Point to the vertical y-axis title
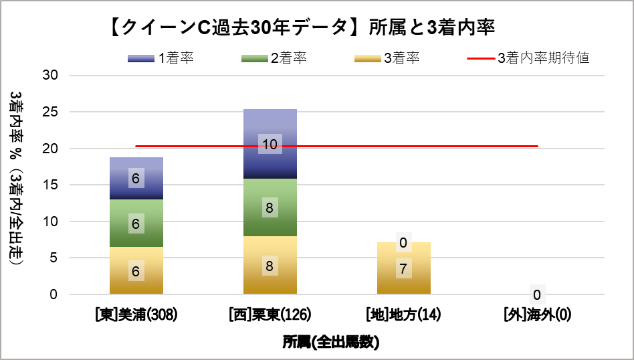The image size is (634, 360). click(x=17, y=179)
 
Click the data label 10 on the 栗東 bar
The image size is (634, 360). click(x=270, y=143)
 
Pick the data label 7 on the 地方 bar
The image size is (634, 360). click(x=404, y=269)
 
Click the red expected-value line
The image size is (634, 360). click(x=468, y=146)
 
